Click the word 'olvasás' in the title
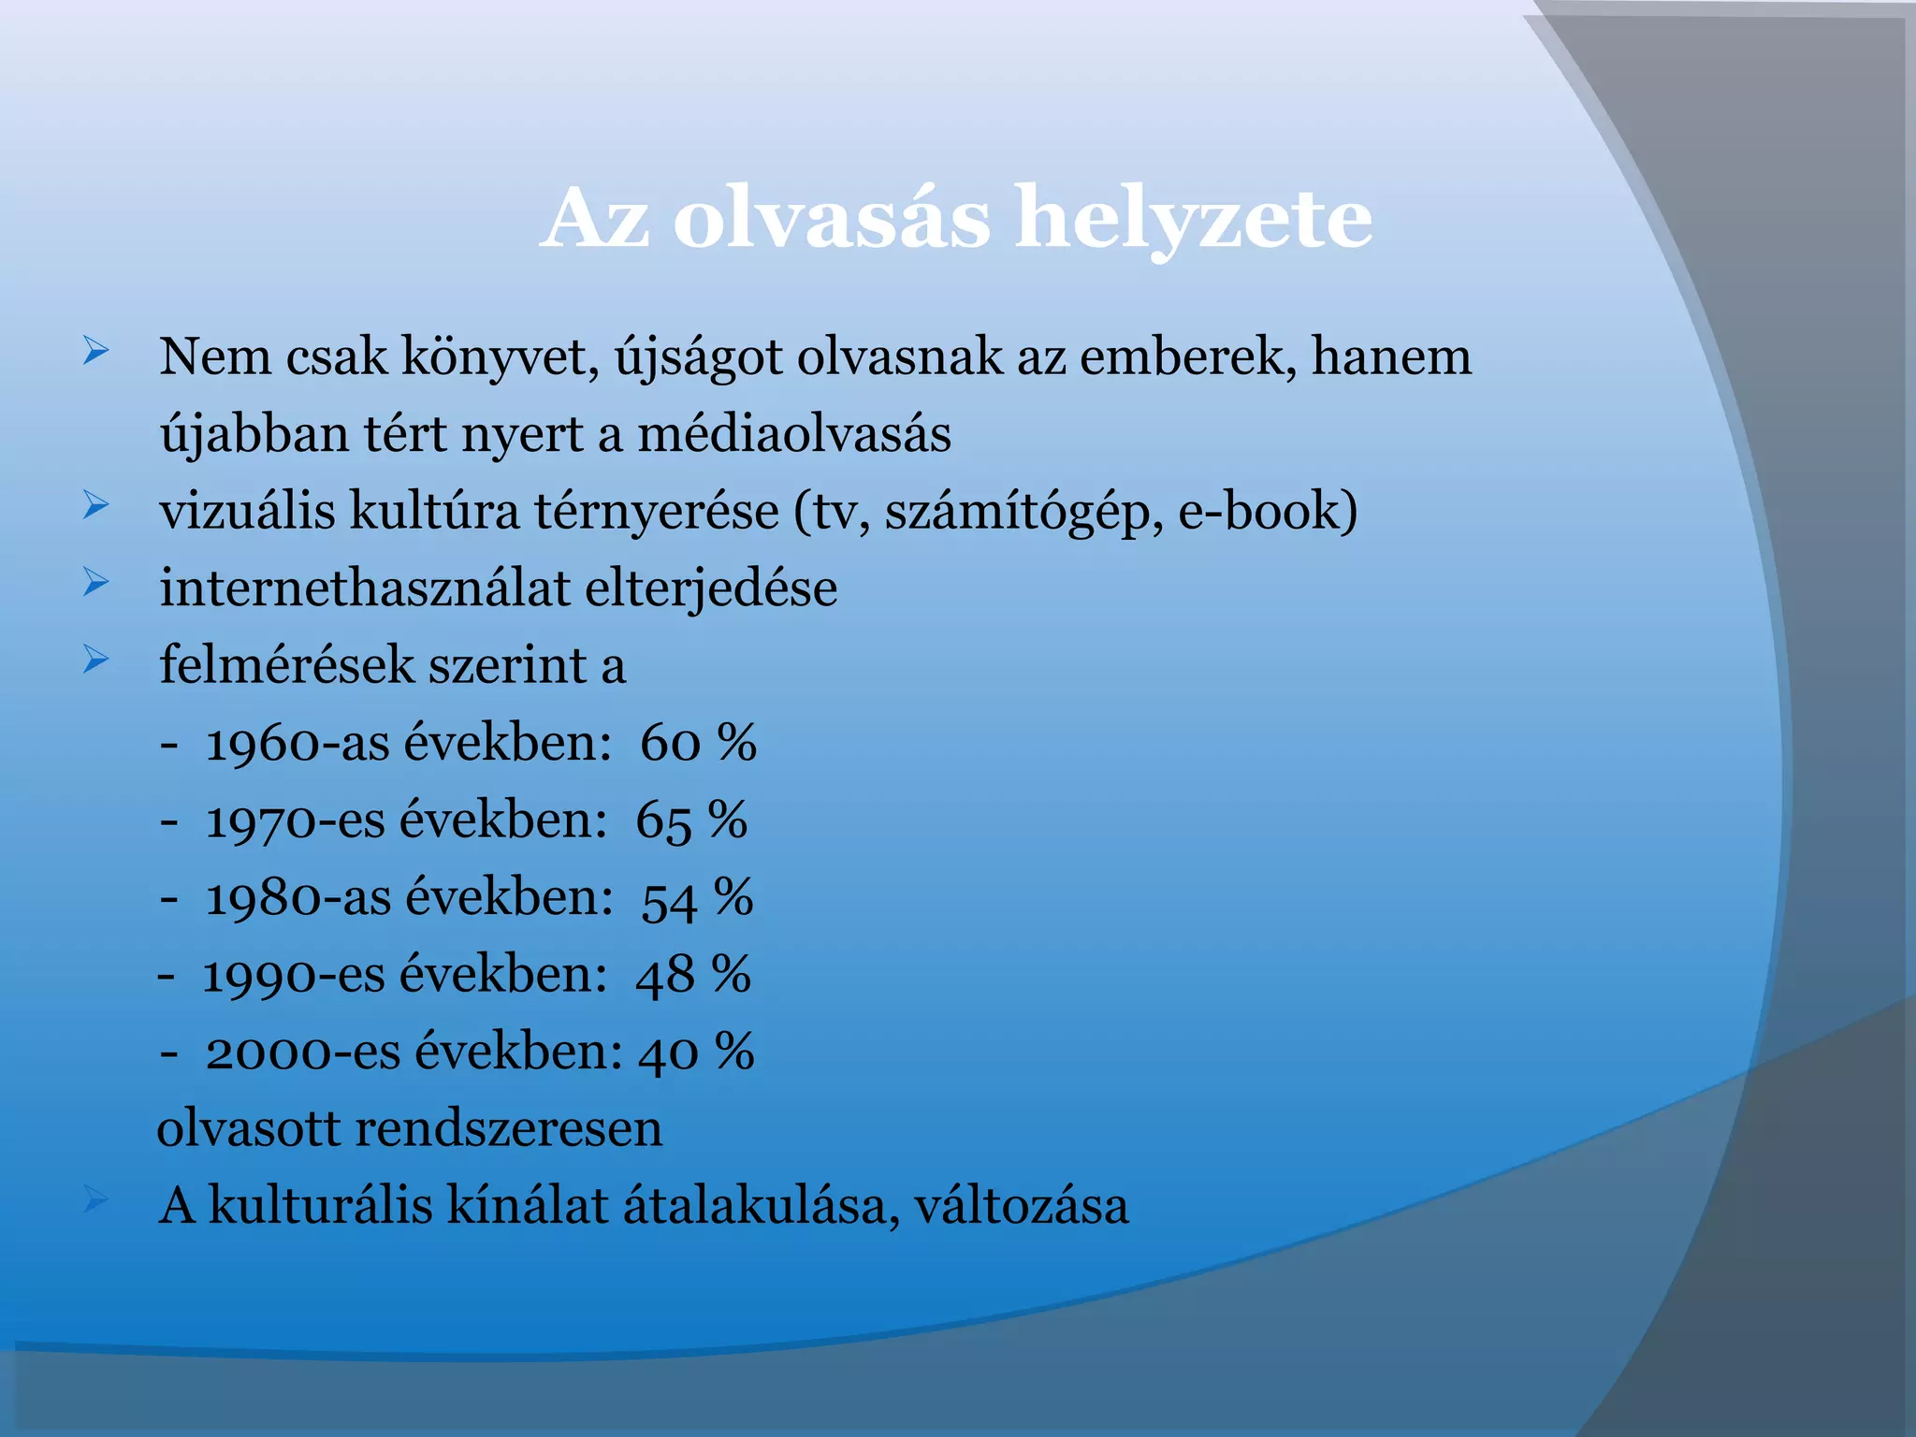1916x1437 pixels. click(831, 220)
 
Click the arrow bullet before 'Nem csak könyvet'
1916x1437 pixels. click(95, 352)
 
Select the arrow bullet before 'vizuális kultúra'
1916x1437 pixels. click(95, 506)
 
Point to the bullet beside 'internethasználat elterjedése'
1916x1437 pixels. click(95, 583)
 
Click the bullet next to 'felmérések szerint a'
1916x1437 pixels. click(95, 660)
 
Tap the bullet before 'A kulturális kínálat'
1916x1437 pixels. click(95, 1199)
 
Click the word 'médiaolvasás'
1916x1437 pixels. click(794, 435)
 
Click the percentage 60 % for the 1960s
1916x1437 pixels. click(698, 744)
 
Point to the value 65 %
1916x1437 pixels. click(691, 821)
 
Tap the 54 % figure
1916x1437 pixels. click(697, 898)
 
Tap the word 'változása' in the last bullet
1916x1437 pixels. click(1022, 1206)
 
